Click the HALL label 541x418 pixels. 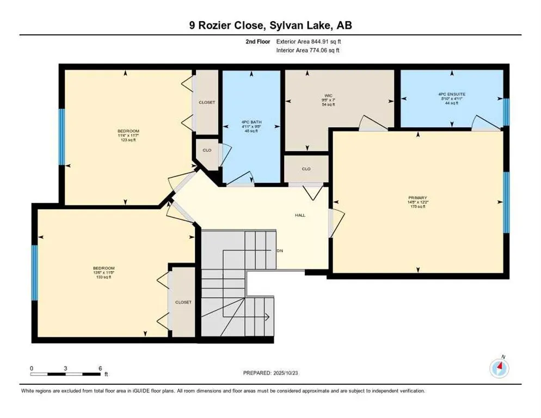click(x=300, y=215)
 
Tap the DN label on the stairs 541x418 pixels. click(x=280, y=251)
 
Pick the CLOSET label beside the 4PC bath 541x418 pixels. click(x=206, y=102)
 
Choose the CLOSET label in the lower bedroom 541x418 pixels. click(x=183, y=302)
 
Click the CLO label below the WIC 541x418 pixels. click(x=306, y=169)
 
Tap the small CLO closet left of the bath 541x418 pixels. click(x=207, y=151)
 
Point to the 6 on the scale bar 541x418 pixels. click(x=100, y=368)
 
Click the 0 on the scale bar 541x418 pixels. click(x=32, y=368)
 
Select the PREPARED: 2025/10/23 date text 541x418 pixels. click(x=271, y=373)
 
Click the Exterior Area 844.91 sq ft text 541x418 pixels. click(x=309, y=41)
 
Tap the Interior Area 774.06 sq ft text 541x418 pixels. click(x=308, y=51)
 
